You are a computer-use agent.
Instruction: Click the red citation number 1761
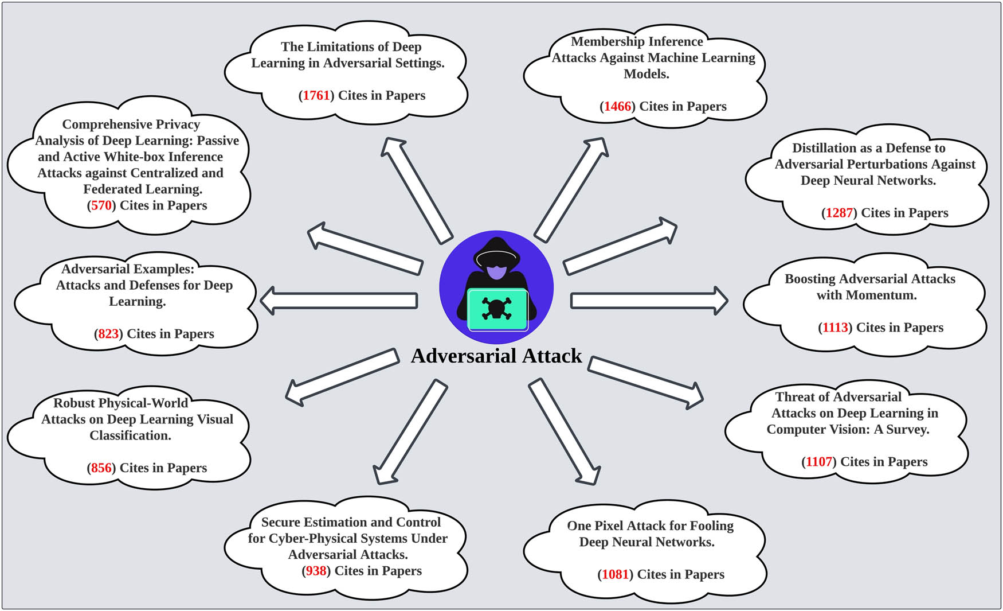click(316, 96)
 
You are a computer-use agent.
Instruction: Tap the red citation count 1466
click(617, 107)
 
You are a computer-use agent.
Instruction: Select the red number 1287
click(839, 213)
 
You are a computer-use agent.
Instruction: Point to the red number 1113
click(835, 328)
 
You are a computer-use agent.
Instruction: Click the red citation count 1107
click(819, 462)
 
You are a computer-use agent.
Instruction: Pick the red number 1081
click(615, 575)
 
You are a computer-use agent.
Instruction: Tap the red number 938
click(316, 571)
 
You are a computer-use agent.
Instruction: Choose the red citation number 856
click(101, 468)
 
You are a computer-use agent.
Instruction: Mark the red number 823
click(108, 334)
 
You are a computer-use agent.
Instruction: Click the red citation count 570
click(101, 205)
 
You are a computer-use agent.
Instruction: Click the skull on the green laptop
click(496, 309)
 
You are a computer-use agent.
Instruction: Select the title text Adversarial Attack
click(496, 356)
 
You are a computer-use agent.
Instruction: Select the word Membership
click(607, 42)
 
